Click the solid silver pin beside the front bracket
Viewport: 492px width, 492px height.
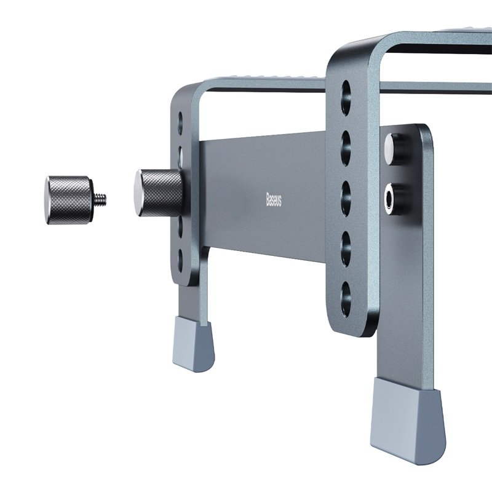click(x=391, y=147)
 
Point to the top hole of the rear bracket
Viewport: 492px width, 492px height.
click(x=180, y=119)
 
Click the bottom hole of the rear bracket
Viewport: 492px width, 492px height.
click(x=180, y=256)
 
